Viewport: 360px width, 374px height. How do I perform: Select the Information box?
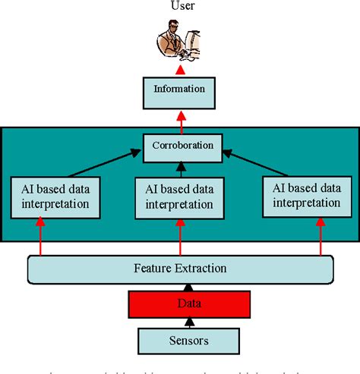[179, 89]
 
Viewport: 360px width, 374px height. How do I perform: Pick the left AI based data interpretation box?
[57, 196]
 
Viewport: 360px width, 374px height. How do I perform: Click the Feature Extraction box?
[180, 268]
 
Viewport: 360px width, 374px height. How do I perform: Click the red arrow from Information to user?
[179, 68]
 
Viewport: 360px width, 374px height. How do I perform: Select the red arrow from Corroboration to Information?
[179, 119]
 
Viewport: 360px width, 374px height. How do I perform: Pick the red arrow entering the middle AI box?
[179, 237]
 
